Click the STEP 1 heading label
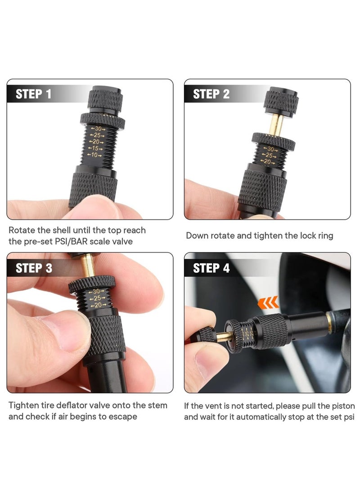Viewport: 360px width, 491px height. (x=34, y=94)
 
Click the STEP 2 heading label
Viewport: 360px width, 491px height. (x=211, y=94)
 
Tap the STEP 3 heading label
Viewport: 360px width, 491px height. (x=34, y=268)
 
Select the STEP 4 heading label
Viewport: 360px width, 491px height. (x=211, y=268)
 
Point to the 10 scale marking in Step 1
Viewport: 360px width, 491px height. (x=95, y=155)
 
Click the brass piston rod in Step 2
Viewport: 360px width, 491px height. (x=275, y=123)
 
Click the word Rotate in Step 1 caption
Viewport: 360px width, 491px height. (x=23, y=230)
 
